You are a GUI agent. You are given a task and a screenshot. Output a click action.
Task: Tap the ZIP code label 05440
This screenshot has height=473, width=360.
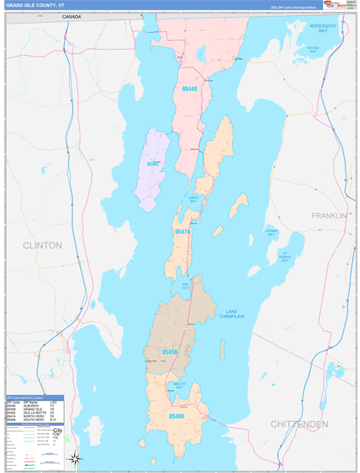pyautogui.click(x=189, y=89)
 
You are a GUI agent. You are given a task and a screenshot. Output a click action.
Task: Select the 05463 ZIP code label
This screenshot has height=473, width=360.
pyautogui.click(x=154, y=164)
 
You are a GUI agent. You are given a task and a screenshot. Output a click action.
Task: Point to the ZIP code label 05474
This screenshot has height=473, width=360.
pyautogui.click(x=183, y=232)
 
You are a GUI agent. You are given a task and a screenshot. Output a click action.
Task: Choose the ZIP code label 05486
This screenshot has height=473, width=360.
pyautogui.click(x=177, y=415)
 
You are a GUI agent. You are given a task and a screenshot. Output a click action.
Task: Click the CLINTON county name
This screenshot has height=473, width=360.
pyautogui.click(x=42, y=245)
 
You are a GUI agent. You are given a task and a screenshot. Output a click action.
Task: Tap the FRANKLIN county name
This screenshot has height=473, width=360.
pyautogui.click(x=328, y=215)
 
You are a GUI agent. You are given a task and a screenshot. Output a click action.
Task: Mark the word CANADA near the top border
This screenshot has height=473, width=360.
pyautogui.click(x=72, y=16)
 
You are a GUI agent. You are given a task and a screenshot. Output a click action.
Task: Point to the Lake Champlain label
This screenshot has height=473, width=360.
pyautogui.click(x=232, y=313)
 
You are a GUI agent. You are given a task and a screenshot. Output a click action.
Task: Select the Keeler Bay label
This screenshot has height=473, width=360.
pyautogui.click(x=180, y=385)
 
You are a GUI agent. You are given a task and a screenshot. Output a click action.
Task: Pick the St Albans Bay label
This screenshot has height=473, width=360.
pyautogui.click(x=285, y=255)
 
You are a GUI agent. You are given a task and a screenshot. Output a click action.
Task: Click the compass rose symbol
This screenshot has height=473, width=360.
pyautogui.click(x=74, y=457)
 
